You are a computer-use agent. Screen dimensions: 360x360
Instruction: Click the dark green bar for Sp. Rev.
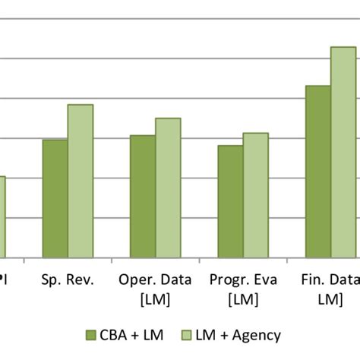pyautogui.click(x=55, y=199)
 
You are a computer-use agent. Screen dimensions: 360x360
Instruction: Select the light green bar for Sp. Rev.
pyautogui.click(x=80, y=182)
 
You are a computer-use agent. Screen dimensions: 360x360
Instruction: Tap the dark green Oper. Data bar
pyautogui.click(x=143, y=197)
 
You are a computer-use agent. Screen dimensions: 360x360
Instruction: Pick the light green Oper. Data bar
pyautogui.click(x=168, y=188)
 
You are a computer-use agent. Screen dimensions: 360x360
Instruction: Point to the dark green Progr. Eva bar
pyautogui.click(x=230, y=201)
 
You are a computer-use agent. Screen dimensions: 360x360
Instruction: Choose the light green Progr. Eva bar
pyautogui.click(x=256, y=195)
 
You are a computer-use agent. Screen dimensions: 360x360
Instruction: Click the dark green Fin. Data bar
pyautogui.click(x=318, y=172)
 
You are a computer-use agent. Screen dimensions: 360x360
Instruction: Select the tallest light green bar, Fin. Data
pyautogui.click(x=343, y=153)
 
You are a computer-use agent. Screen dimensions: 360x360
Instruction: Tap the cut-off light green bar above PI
pyautogui.click(x=2, y=217)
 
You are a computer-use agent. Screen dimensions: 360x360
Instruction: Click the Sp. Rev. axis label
pyautogui.click(x=68, y=280)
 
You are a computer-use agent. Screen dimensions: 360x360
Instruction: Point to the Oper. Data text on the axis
pyautogui.click(x=155, y=280)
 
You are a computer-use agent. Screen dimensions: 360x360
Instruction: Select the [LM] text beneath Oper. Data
pyautogui.click(x=155, y=299)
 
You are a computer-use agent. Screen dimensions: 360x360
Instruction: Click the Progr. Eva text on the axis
pyautogui.click(x=243, y=280)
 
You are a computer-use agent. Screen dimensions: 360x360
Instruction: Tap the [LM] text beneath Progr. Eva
pyautogui.click(x=243, y=299)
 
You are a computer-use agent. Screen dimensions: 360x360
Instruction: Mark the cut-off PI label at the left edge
pyautogui.click(x=4, y=280)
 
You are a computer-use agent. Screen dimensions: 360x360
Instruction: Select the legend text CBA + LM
pyautogui.click(x=128, y=335)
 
